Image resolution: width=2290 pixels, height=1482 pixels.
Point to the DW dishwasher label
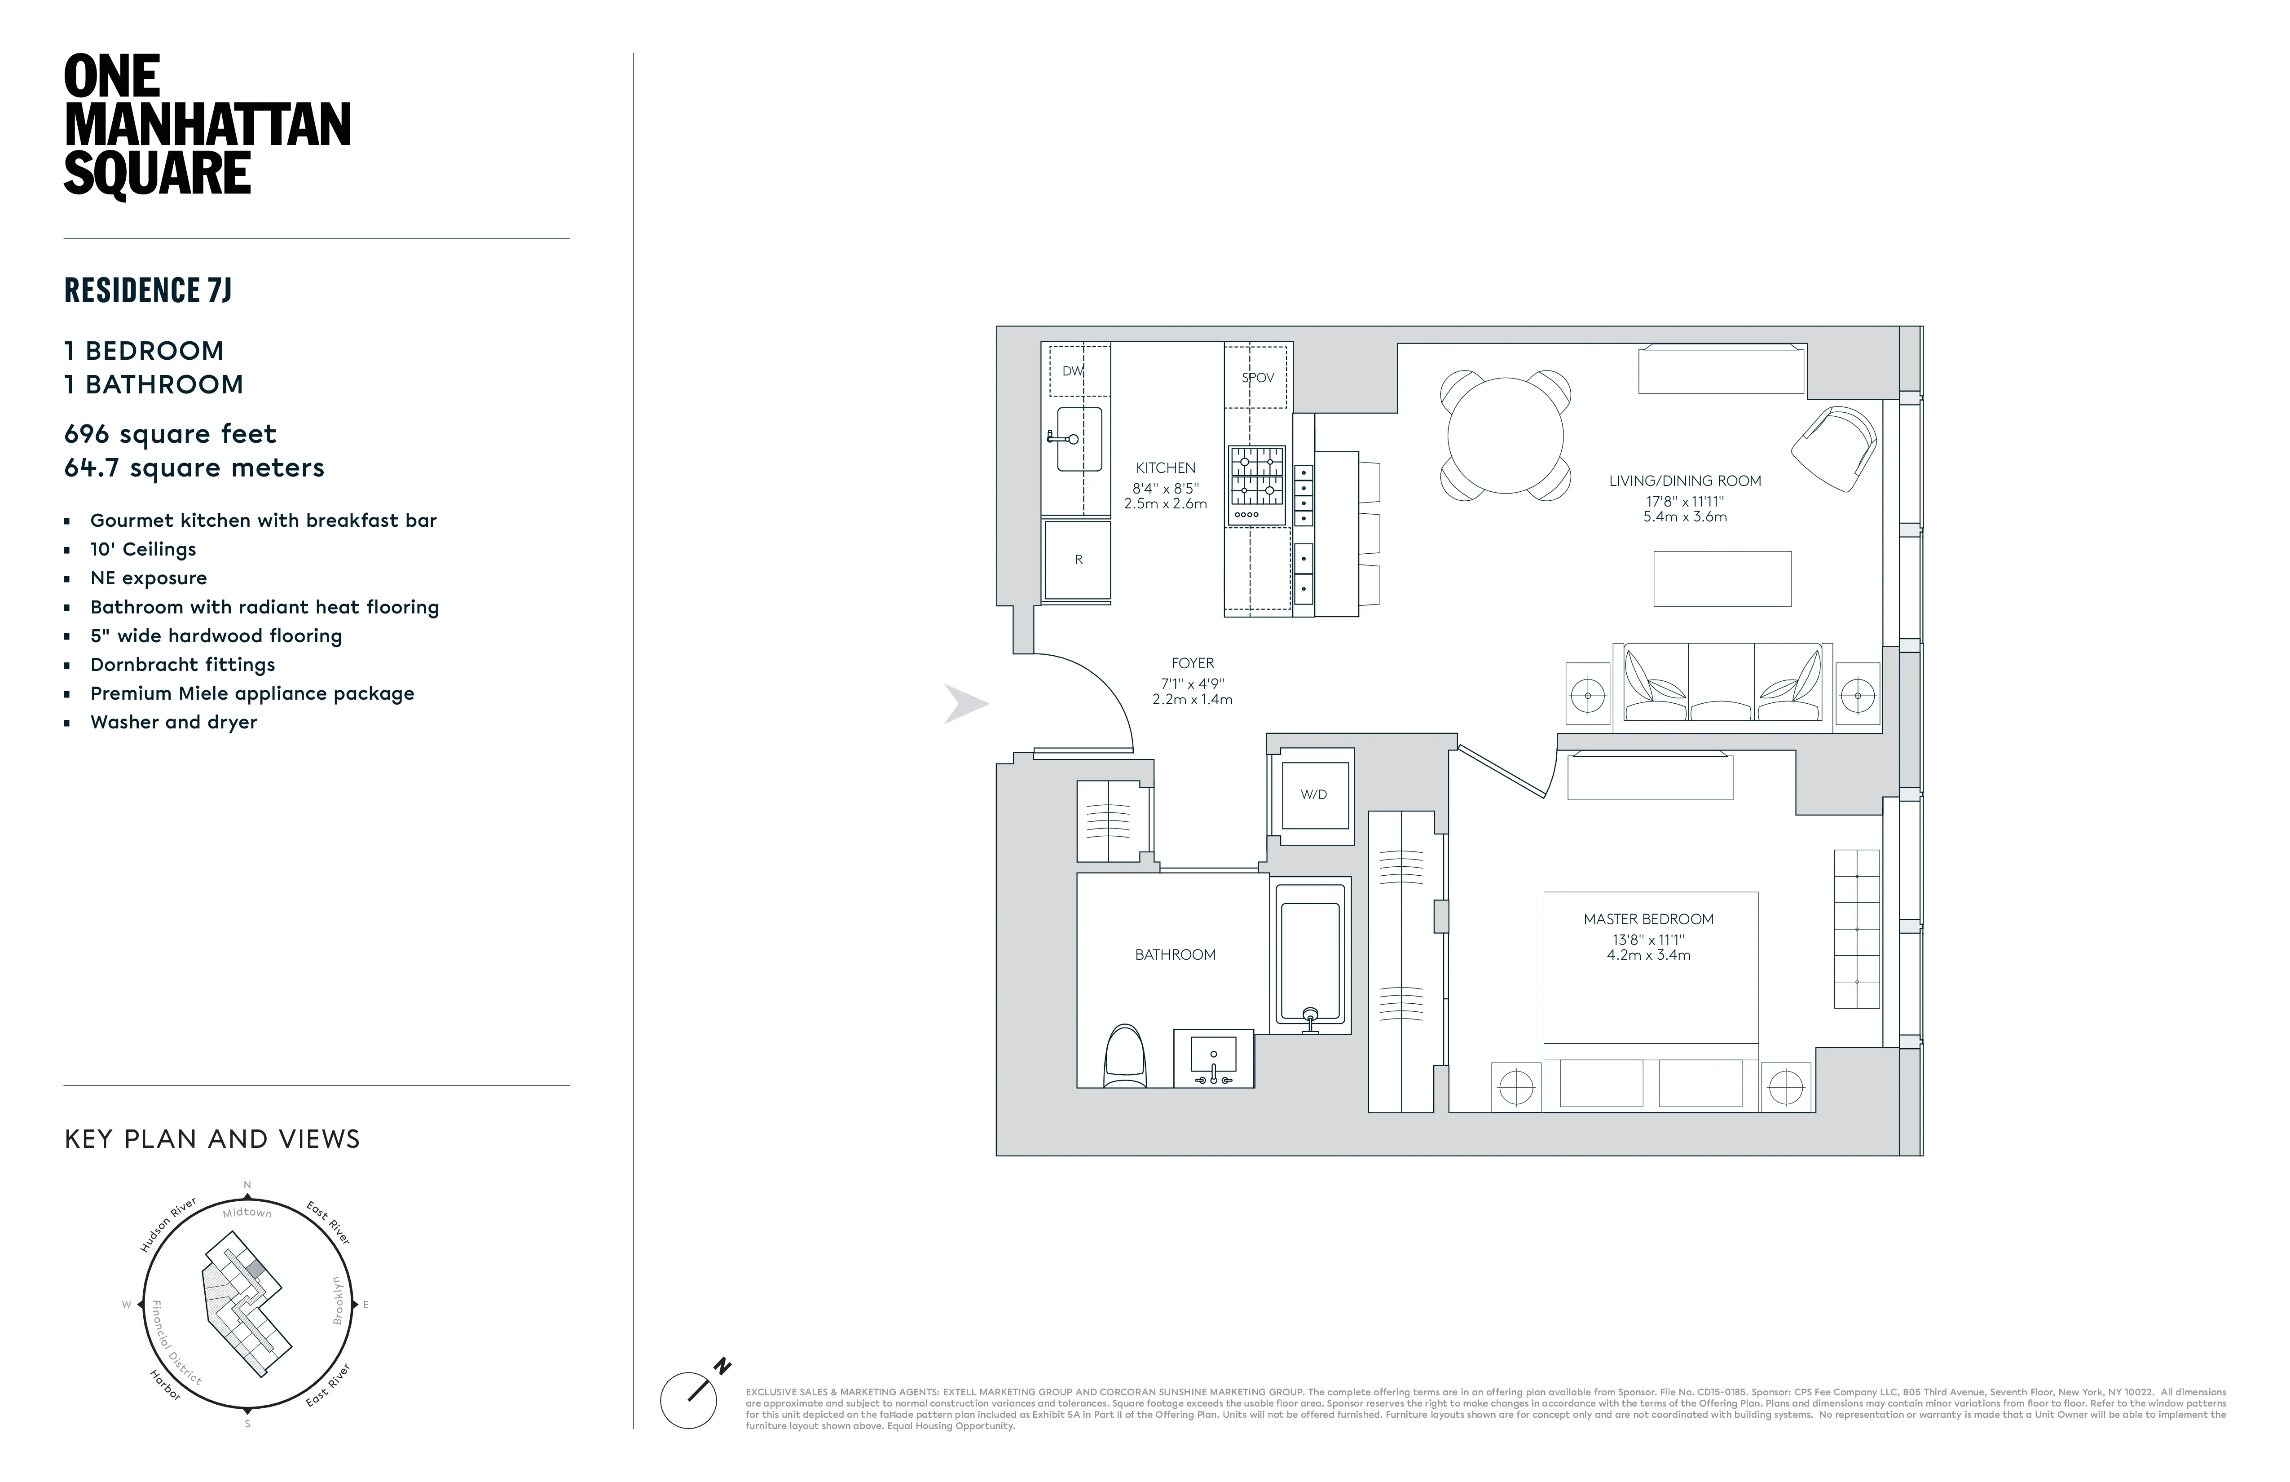pyautogui.click(x=1073, y=370)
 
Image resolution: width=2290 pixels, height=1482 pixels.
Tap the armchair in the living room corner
pyautogui.click(x=1834, y=449)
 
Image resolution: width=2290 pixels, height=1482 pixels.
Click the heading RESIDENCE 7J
pyautogui.click(x=148, y=290)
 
